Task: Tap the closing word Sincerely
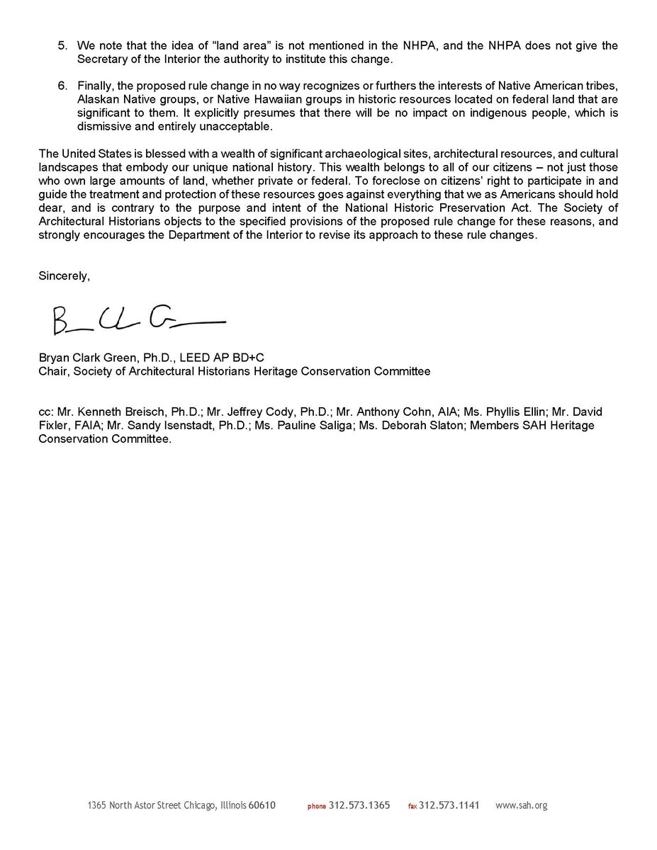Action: click(x=64, y=277)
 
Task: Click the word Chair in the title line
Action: click(x=52, y=370)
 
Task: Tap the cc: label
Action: click(x=46, y=412)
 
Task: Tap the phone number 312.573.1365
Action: click(x=359, y=805)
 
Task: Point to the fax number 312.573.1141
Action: click(x=449, y=805)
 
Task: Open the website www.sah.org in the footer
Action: click(x=521, y=805)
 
